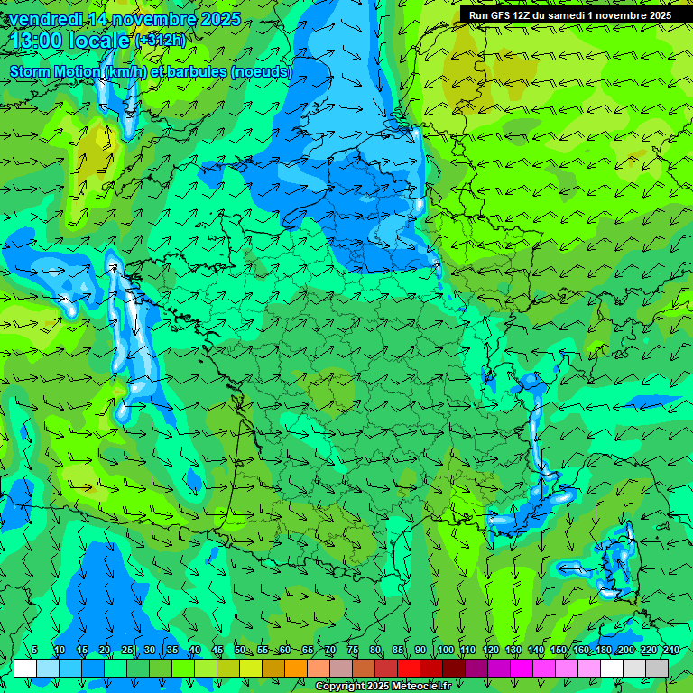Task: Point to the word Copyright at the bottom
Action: (x=341, y=687)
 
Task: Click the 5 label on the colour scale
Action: (x=34, y=651)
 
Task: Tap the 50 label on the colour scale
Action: (x=239, y=651)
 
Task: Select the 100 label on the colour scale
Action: (x=445, y=651)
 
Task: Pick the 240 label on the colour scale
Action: (x=671, y=651)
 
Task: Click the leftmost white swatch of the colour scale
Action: (x=25, y=668)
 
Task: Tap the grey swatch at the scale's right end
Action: (x=657, y=668)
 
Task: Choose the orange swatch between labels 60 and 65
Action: (x=296, y=668)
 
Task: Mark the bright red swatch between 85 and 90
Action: (x=409, y=668)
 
